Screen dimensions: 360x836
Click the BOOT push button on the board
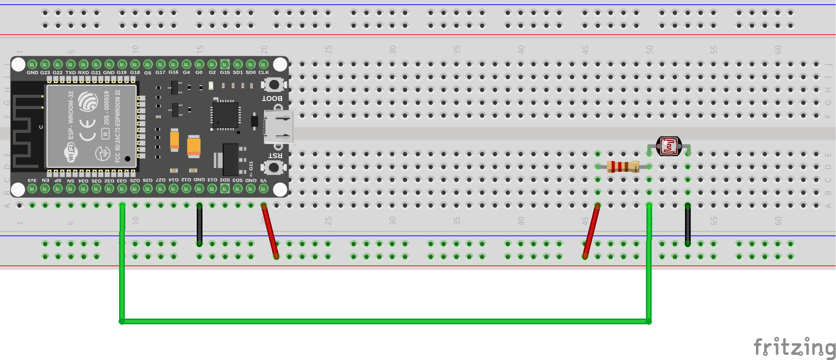pos(273,85)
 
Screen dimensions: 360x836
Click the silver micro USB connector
pos(279,128)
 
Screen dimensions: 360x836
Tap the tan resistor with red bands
pos(623,167)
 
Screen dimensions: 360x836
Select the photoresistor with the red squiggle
pos(669,146)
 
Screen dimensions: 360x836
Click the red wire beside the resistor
pos(591,231)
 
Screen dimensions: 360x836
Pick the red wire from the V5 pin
pos(270,231)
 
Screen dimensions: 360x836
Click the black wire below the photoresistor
pos(687,225)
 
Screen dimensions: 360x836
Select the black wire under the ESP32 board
pos(200,225)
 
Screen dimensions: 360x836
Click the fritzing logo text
pos(794,347)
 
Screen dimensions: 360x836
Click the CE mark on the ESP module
pos(88,130)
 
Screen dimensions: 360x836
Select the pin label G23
pos(45,73)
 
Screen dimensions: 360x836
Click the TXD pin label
pos(71,73)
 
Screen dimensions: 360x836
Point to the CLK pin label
pos(263,73)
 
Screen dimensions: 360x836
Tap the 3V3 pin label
pos(32,180)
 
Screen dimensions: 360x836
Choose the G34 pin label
pos(83,180)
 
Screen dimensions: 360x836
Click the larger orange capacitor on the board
pos(194,146)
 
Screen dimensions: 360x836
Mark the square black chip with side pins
pos(225,115)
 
